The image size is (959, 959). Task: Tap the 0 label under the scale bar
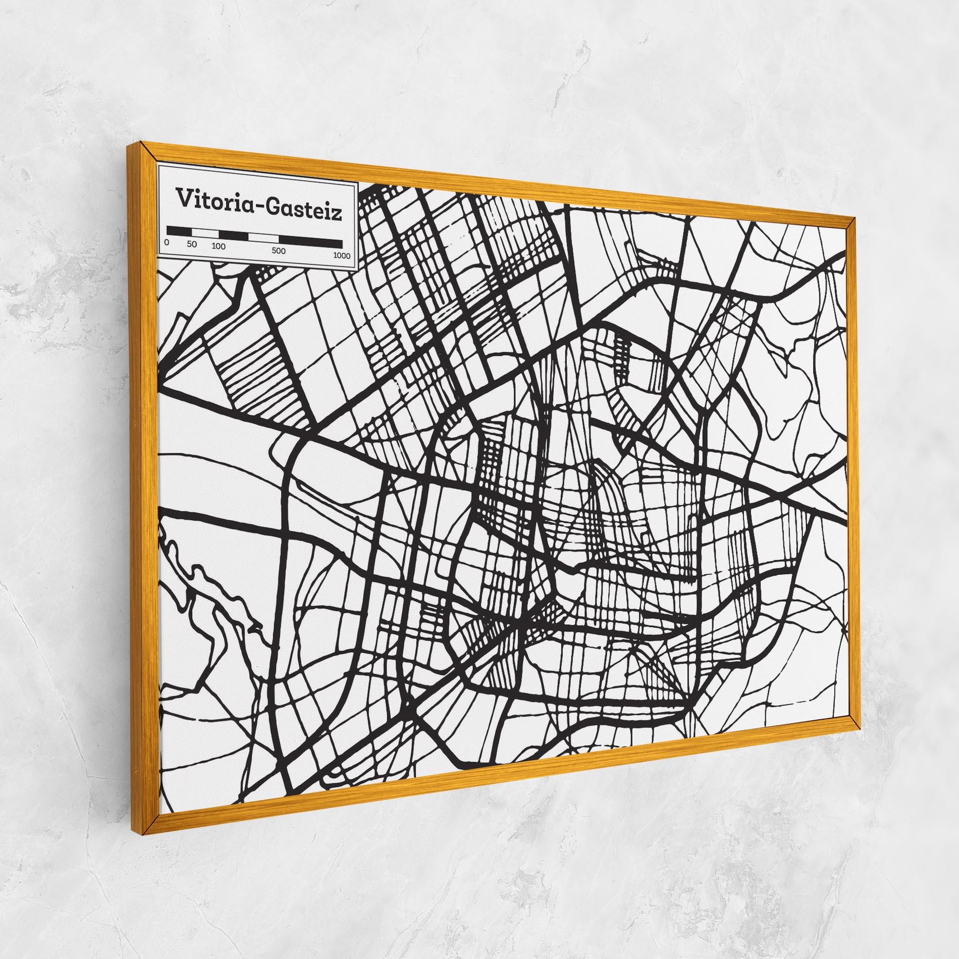tap(167, 243)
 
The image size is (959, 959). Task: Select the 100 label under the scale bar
tap(219, 247)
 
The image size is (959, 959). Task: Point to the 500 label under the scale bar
tap(279, 251)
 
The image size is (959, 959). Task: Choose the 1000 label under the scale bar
tap(342, 255)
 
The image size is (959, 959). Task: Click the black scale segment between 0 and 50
tap(179, 231)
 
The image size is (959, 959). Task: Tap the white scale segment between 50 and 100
tap(205, 233)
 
